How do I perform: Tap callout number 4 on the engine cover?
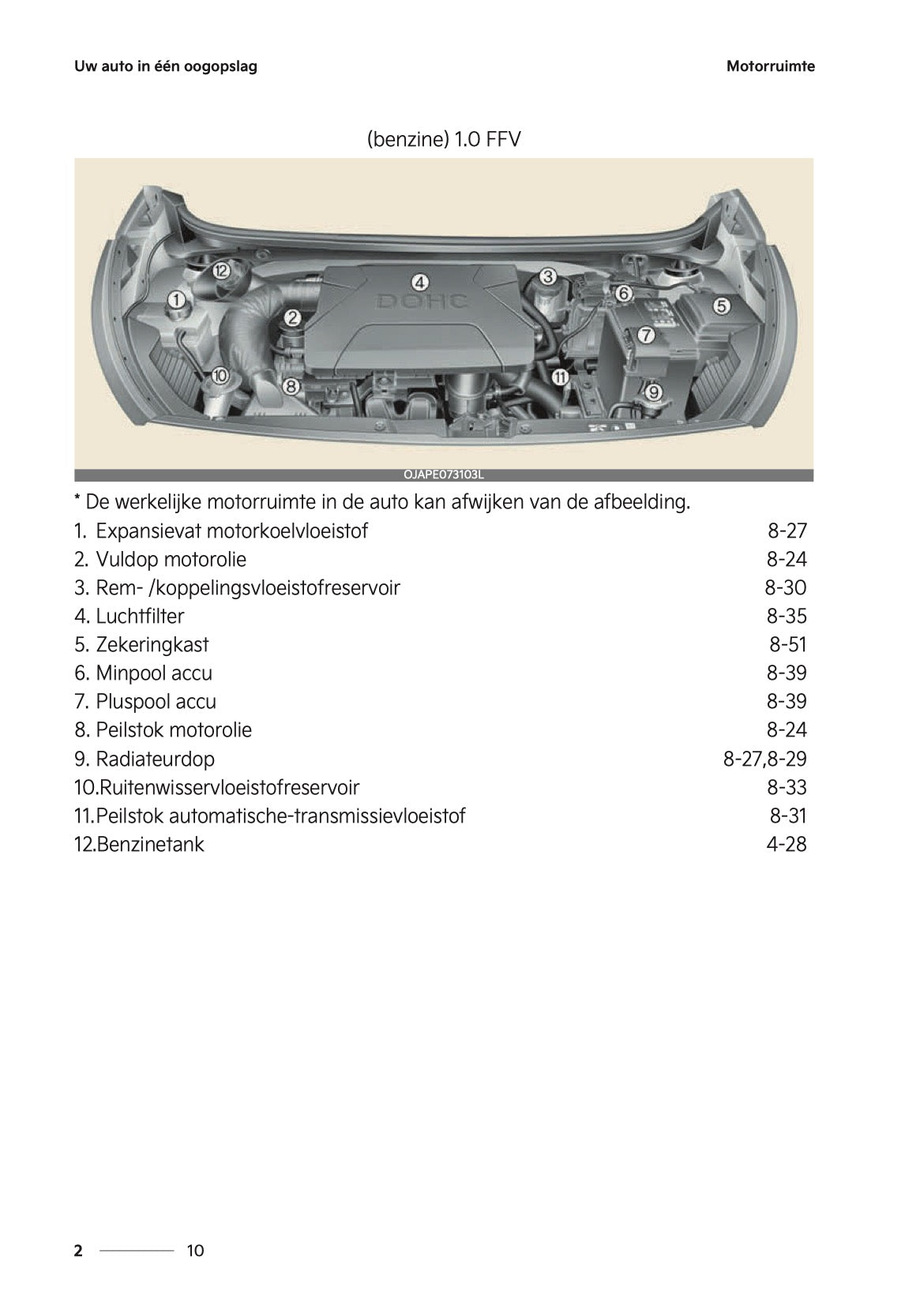click(419, 282)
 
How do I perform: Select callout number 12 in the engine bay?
click(221, 271)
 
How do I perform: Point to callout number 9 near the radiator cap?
click(653, 392)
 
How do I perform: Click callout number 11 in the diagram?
click(560, 377)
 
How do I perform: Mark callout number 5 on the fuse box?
click(721, 306)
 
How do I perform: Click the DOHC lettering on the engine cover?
click(422, 301)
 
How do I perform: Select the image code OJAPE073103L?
click(443, 475)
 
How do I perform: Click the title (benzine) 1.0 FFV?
click(444, 140)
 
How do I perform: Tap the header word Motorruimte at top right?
click(770, 66)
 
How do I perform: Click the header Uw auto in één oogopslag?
click(166, 66)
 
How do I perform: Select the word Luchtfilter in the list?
click(140, 616)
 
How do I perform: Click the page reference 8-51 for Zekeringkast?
click(787, 644)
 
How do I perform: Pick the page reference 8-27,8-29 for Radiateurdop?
click(764, 759)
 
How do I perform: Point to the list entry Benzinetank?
click(150, 844)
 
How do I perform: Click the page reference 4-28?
click(786, 844)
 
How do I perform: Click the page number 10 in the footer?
click(195, 1251)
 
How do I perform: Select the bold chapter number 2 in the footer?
click(78, 1251)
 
